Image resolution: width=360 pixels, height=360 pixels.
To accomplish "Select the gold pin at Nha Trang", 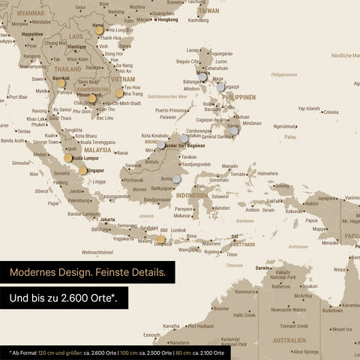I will click(118, 93).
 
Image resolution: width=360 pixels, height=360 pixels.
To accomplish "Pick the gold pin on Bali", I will click(160, 239).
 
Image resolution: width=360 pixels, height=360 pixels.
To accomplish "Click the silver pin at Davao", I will click(234, 130).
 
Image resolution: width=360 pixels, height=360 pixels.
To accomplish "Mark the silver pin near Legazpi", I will click(220, 87).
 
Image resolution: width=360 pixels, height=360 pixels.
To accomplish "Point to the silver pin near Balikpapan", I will click(176, 179).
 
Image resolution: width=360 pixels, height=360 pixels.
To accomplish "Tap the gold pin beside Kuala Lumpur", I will click(68, 158).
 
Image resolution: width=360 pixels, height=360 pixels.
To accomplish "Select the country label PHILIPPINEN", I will click(239, 97).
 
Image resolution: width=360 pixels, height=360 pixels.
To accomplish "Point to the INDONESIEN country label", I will click(192, 195).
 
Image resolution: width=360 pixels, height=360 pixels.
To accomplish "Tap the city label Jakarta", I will click(107, 220).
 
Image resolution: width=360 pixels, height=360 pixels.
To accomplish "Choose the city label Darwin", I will click(262, 268).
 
